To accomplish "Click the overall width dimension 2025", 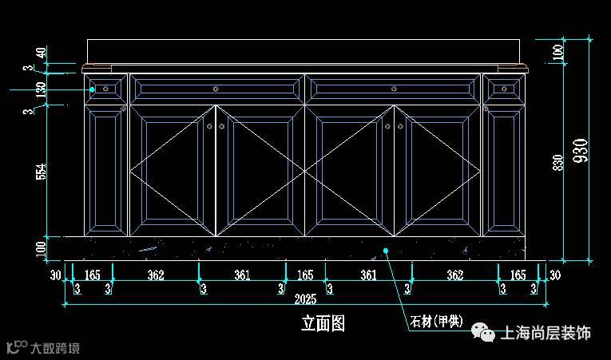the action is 305,299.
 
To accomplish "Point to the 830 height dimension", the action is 558,162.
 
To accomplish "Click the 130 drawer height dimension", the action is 41,89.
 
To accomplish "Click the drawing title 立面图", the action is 323,323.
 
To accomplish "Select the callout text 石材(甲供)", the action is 436,322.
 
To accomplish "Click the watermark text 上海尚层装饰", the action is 545,333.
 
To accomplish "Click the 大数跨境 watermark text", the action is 55,348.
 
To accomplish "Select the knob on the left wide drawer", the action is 216,89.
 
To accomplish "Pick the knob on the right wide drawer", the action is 394,89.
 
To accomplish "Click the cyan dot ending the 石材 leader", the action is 385,251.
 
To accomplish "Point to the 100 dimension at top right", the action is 558,53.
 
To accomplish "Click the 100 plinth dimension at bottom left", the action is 41,248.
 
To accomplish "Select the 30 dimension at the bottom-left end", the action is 55,275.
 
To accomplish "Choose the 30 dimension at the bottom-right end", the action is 554,275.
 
